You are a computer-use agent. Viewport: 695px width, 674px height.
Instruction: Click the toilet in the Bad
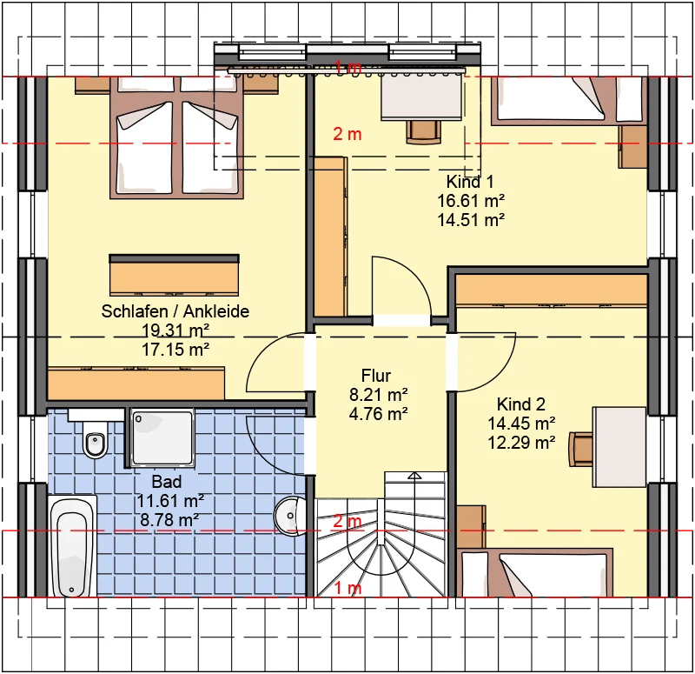(96, 439)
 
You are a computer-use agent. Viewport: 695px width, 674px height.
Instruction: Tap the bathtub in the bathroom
(72, 547)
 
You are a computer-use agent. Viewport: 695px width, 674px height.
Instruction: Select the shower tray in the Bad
(162, 438)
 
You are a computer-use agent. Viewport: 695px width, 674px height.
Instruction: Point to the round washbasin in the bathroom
(290, 516)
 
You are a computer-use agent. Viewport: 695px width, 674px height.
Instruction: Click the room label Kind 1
(470, 182)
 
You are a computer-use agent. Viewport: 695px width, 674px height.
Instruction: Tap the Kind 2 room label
(520, 404)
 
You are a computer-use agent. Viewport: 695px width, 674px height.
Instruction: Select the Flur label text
(376, 376)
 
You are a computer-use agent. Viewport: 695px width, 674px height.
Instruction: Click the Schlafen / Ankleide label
(175, 311)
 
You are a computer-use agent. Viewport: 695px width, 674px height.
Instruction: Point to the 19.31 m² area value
(175, 330)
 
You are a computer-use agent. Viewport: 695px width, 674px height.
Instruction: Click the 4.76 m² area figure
(378, 414)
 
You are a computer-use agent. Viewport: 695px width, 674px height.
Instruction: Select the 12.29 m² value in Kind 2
(521, 443)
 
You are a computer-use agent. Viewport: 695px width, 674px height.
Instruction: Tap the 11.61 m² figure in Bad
(170, 501)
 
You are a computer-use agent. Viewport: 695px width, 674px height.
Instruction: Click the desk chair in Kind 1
(424, 132)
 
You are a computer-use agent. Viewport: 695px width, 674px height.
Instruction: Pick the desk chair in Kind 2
(581, 449)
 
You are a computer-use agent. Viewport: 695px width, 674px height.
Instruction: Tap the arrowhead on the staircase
(414, 476)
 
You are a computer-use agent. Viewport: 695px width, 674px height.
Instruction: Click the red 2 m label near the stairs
(347, 521)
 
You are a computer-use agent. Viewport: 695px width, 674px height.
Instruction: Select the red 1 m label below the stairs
(347, 589)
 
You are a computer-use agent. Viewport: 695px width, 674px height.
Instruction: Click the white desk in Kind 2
(620, 447)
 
